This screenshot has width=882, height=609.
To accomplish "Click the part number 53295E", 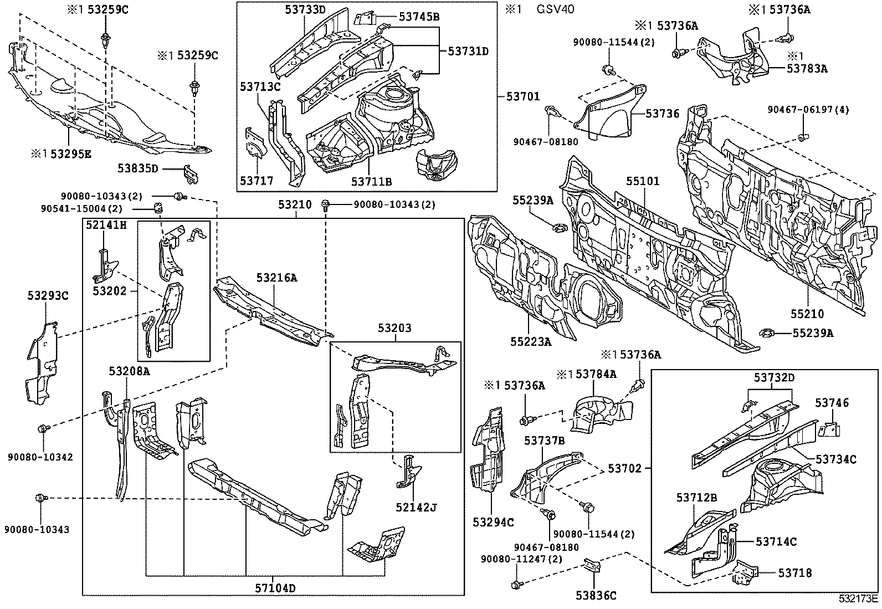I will click(70, 153).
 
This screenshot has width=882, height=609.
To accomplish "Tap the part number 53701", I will click(522, 96).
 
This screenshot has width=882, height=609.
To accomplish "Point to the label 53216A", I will click(276, 278).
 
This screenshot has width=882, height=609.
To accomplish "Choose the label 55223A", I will click(531, 342).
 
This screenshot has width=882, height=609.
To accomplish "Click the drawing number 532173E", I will click(858, 598).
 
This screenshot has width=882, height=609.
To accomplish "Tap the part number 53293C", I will click(48, 296).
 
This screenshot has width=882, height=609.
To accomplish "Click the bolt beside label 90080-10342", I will click(43, 428).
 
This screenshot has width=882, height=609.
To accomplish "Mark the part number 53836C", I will click(596, 596).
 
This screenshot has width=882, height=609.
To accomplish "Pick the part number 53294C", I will click(494, 522).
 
